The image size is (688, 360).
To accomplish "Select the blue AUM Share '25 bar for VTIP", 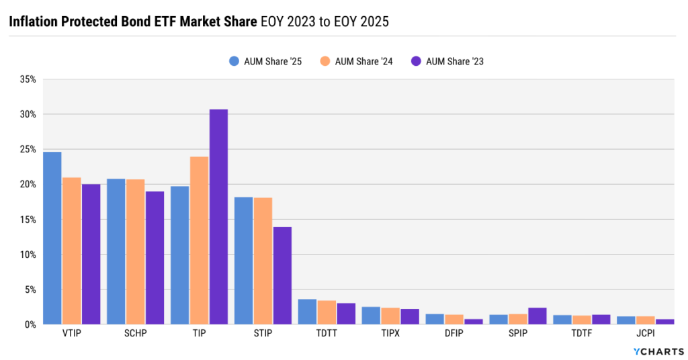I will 52,238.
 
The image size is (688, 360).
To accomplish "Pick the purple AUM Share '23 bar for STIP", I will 282,275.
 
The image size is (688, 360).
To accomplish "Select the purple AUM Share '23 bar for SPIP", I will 537,316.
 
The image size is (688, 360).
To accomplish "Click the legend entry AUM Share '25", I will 265,61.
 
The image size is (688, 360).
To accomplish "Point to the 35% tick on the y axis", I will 28,79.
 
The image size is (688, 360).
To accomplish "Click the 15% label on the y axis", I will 28,220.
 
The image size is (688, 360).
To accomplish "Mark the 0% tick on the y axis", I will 30,324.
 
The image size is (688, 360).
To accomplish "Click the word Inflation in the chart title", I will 34,21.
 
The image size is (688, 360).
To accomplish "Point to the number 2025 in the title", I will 374,21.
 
